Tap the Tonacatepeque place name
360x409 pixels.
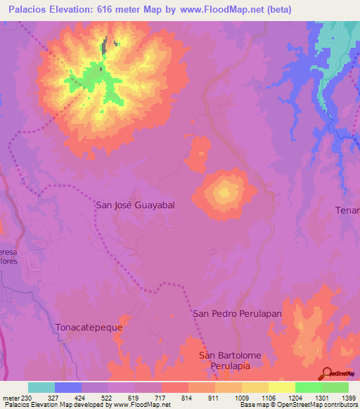coord(89,327)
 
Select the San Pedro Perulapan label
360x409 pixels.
coord(237,314)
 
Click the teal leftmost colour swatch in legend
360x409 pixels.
coord(41,387)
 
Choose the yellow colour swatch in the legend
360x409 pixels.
coord(281,387)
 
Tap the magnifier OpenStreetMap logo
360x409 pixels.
coord(326,373)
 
